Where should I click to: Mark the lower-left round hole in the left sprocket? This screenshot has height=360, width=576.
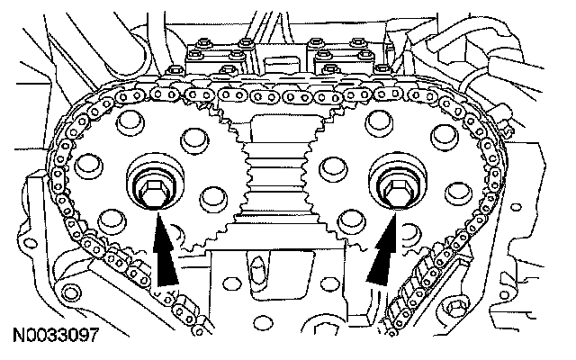click(x=110, y=218)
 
